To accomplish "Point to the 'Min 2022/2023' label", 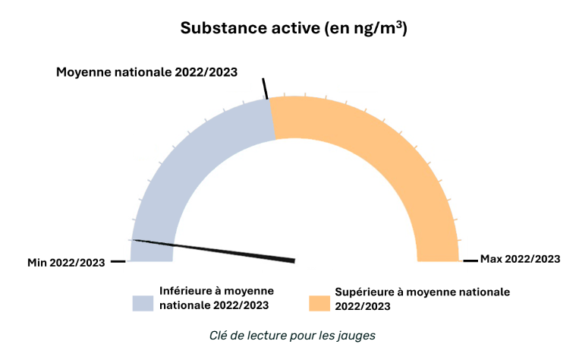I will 66,262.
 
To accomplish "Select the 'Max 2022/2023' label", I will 520,259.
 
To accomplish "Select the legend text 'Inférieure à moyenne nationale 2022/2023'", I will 216,298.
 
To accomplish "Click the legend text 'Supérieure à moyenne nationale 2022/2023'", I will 422,299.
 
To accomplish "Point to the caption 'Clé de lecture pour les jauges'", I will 293,334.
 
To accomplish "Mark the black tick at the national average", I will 266,88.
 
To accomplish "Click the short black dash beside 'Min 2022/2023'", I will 118,261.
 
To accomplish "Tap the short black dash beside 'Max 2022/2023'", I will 470,261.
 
